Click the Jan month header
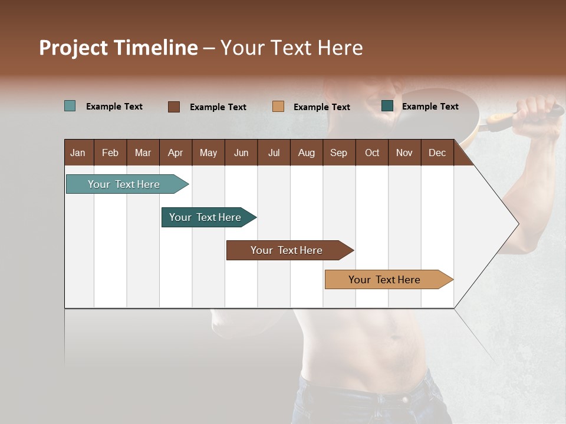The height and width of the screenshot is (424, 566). (x=78, y=153)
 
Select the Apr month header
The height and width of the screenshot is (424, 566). (x=175, y=153)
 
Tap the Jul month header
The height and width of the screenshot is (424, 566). (x=274, y=153)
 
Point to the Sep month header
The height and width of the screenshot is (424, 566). (x=338, y=153)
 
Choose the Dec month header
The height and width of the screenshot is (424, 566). (x=437, y=153)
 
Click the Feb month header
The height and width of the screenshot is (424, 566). (x=110, y=153)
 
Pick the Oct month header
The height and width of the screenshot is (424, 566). (x=372, y=153)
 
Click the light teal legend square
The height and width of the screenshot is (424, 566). (x=70, y=106)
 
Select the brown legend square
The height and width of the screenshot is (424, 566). (x=174, y=107)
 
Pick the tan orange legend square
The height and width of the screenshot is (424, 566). (x=278, y=107)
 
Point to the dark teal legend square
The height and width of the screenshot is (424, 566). (x=387, y=106)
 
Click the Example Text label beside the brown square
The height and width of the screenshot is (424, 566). (x=218, y=107)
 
